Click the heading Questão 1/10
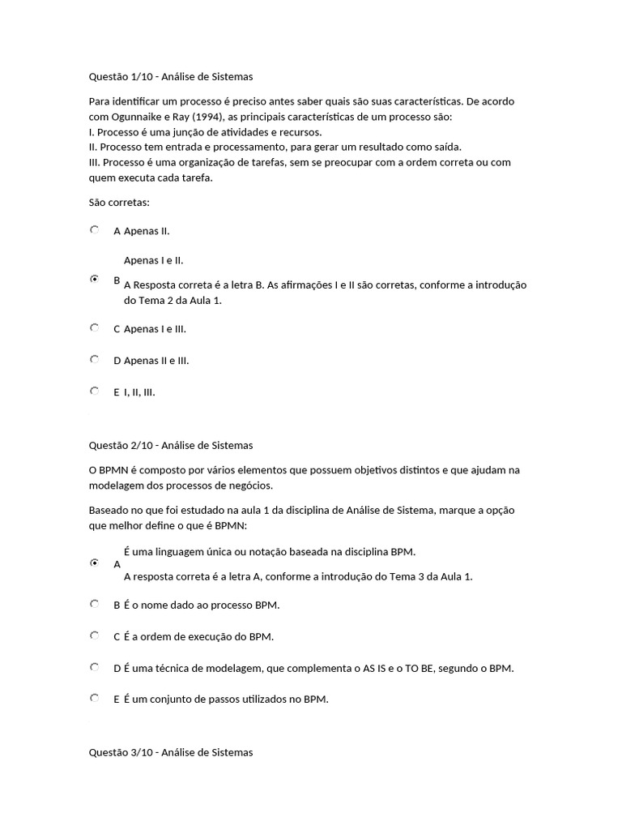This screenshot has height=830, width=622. pyautogui.click(x=170, y=77)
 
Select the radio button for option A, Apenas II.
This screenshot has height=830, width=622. pyautogui.click(x=95, y=230)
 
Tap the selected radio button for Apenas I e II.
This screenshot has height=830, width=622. pyautogui.click(x=95, y=279)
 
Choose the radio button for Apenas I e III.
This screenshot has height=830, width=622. pyautogui.click(x=95, y=327)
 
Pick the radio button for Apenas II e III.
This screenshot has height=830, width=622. pyautogui.click(x=95, y=359)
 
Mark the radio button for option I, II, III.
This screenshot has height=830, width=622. pyautogui.click(x=95, y=391)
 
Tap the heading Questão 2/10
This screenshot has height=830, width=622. pyautogui.click(x=170, y=445)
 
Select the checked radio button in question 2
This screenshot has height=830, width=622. pyautogui.click(x=95, y=562)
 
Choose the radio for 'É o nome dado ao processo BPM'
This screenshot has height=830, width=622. pyautogui.click(x=95, y=604)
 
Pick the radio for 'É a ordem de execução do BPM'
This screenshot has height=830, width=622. pyautogui.click(x=95, y=635)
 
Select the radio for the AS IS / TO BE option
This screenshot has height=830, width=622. pyautogui.click(x=95, y=667)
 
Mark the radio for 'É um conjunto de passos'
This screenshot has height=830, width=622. pyautogui.click(x=95, y=698)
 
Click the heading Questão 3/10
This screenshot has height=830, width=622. pyautogui.click(x=170, y=752)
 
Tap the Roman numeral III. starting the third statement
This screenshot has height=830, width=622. pyautogui.click(x=96, y=162)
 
